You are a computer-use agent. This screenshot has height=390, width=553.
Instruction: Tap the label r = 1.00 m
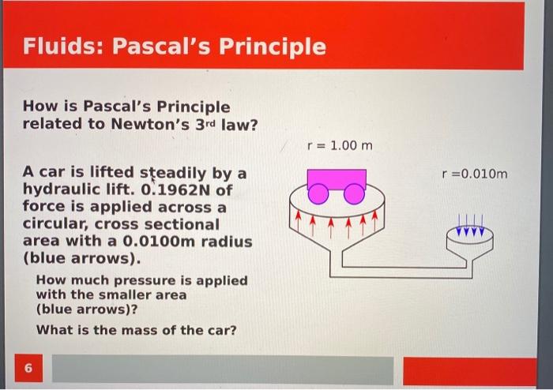click(x=339, y=146)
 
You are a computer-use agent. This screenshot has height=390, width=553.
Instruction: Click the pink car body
click(x=336, y=177)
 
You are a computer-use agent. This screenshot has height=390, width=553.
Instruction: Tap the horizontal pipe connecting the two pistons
click(x=395, y=272)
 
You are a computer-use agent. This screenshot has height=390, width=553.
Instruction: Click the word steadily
click(x=173, y=173)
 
